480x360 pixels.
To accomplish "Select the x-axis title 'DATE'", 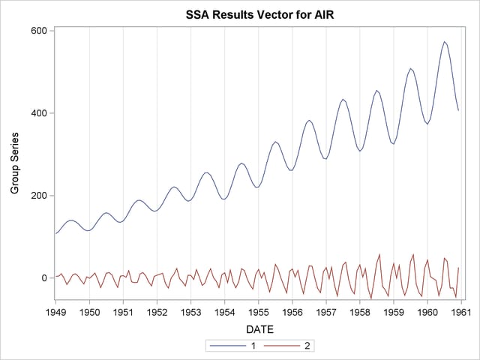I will [x=257, y=328].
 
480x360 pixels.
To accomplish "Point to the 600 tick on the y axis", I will [x=38, y=31].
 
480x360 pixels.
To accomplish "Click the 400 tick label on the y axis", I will [x=38, y=113].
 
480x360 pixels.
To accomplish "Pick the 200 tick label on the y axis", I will [x=38, y=196].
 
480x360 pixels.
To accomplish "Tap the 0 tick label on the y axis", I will [x=43, y=278].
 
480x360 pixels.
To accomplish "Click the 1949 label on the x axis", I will [x=55, y=310].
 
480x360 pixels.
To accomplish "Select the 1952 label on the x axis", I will [x=157, y=310].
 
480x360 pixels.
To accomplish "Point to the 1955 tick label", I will [x=258, y=310].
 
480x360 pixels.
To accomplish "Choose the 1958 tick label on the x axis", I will [x=360, y=310].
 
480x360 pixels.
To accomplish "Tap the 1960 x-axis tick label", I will [x=427, y=310].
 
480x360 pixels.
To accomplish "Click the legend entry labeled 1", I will [x=241, y=346].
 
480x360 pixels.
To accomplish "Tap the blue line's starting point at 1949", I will [x=55, y=233].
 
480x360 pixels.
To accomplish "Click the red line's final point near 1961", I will [x=458, y=268].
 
